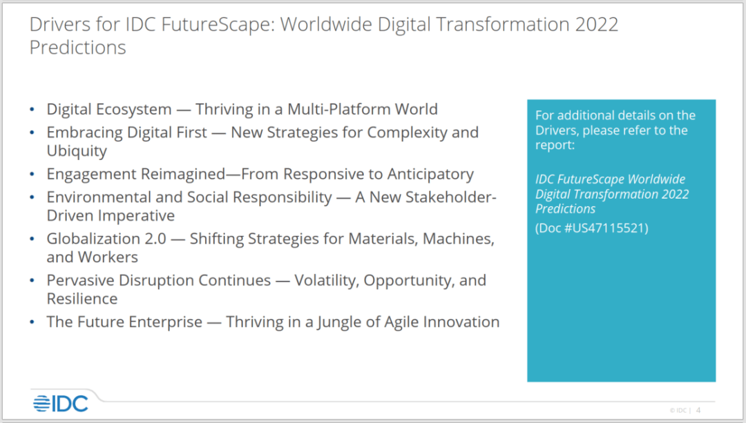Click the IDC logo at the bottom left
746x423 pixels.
coord(60,404)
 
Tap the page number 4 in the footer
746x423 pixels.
coord(698,410)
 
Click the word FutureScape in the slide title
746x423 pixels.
coord(218,25)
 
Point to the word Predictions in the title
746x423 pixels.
coord(77,48)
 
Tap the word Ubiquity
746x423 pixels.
coord(77,151)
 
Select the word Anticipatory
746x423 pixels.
coord(430,175)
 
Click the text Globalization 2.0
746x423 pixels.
coord(106,239)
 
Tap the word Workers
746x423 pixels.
coord(108,257)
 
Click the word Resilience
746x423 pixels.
coord(82,299)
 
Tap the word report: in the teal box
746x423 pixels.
coord(555,146)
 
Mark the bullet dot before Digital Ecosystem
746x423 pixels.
coord(32,110)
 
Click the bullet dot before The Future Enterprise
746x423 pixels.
coord(32,322)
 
